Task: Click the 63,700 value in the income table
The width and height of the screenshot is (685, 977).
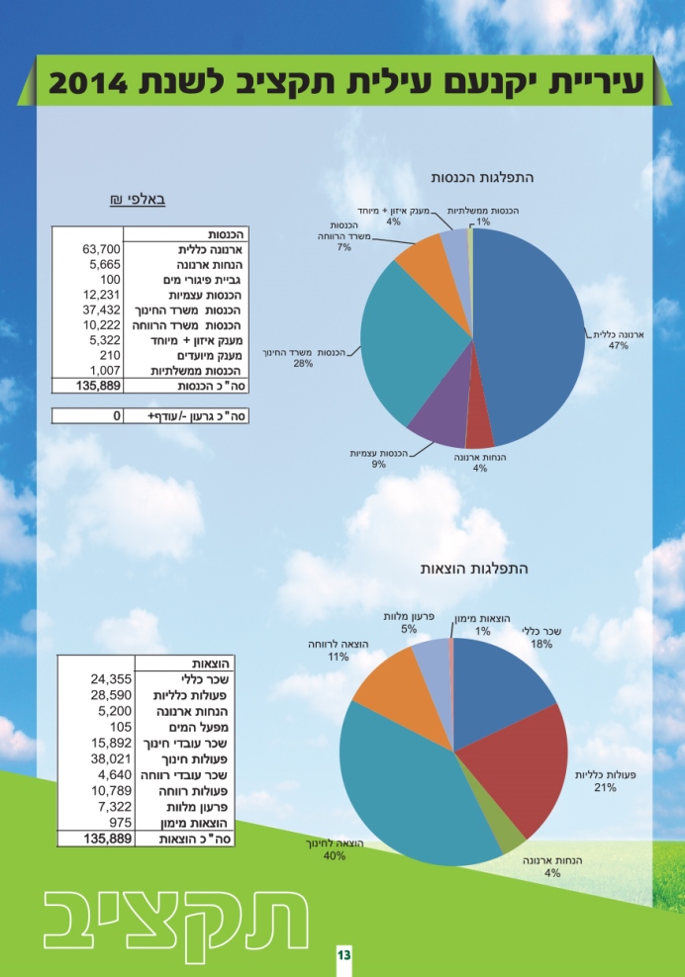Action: coord(102,249)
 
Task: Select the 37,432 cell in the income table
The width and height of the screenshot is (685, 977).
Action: coord(102,310)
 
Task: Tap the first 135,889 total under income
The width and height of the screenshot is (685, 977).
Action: coord(99,386)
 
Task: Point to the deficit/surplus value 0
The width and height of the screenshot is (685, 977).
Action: coord(117,415)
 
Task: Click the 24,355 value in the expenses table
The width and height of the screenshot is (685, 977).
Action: coord(111,679)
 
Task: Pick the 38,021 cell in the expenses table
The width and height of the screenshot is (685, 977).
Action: coord(111,758)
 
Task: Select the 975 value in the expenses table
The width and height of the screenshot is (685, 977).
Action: coord(121,823)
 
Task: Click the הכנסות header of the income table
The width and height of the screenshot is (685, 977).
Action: coord(227,234)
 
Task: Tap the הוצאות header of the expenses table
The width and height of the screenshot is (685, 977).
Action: coord(212,664)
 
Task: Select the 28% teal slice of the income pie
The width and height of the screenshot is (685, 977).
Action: coord(406,343)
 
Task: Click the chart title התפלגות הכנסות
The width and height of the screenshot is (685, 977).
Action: coord(482,178)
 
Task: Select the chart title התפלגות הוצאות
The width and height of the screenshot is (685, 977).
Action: coord(473,569)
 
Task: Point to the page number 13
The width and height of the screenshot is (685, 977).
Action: coord(343,955)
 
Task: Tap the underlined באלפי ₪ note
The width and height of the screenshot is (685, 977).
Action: coord(138,200)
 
